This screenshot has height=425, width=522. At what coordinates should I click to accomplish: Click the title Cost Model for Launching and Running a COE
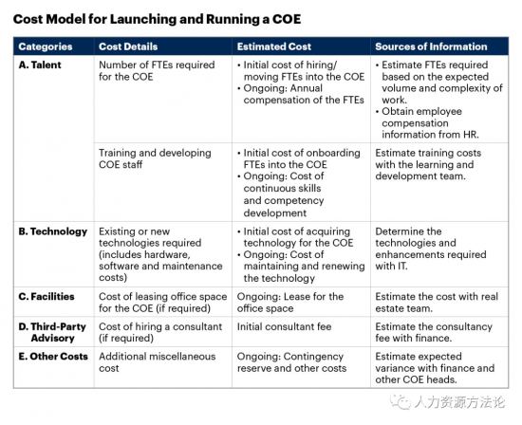click(x=157, y=19)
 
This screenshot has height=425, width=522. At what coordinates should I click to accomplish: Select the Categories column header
click(x=46, y=46)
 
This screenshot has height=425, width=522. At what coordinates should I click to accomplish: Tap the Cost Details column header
click(x=128, y=46)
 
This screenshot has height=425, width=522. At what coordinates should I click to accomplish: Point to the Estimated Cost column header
click(x=274, y=46)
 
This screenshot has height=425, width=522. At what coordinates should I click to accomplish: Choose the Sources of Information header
click(x=431, y=46)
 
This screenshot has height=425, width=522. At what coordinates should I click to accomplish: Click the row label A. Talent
click(x=40, y=65)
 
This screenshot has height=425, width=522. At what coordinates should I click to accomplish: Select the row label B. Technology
click(x=53, y=231)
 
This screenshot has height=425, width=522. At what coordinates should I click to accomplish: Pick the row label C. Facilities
click(x=47, y=297)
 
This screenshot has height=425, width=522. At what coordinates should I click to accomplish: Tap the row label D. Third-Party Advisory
click(x=52, y=332)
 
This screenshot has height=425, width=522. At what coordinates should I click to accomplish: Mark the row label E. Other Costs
click(x=53, y=357)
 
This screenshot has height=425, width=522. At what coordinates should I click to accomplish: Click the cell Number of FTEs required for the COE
click(x=157, y=70)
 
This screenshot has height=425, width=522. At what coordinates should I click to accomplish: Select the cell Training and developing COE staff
click(x=155, y=158)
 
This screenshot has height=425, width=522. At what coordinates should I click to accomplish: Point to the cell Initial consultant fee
click(x=285, y=326)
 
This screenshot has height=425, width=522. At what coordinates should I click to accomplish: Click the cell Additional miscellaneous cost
click(x=158, y=362)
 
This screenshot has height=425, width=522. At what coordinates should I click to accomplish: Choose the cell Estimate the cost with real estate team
click(x=437, y=303)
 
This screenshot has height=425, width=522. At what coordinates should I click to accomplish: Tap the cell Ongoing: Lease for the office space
click(x=290, y=303)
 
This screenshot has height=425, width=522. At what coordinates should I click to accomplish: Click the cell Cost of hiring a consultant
click(x=160, y=332)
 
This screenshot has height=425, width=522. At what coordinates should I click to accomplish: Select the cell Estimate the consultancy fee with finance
click(x=434, y=332)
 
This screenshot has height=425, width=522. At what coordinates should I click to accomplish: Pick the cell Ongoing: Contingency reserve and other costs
click(x=291, y=362)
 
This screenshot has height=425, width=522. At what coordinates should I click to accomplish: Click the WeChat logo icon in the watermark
click(x=401, y=401)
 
